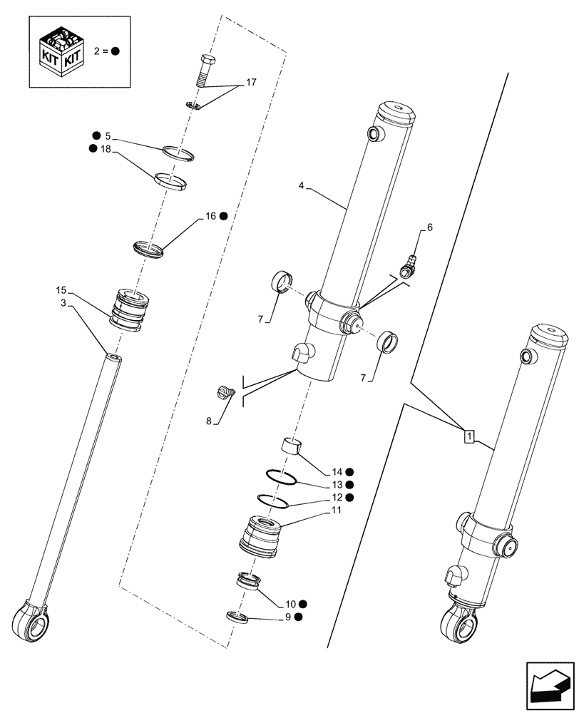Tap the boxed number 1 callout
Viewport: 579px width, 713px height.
tap(468, 435)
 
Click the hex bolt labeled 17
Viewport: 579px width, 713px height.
tap(205, 73)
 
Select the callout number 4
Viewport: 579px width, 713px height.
tap(302, 186)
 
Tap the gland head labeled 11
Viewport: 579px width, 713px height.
tap(260, 535)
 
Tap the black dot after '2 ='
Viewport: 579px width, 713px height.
tap(115, 51)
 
